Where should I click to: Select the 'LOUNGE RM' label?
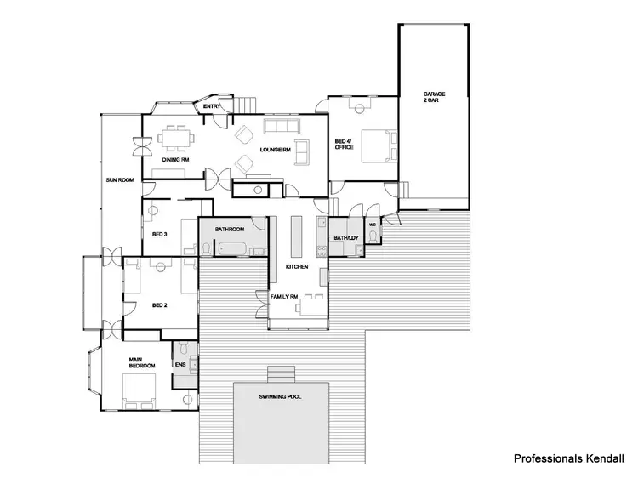pos(276,150)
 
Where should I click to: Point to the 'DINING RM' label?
pos(175,159)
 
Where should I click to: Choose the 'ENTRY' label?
pos(213,106)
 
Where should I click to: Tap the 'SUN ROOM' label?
pos(119,180)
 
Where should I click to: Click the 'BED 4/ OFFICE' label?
pos(343,145)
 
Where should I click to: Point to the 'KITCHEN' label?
pos(296,267)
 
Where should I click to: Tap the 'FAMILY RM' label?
pos(283,296)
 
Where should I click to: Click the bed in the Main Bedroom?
pos(140,390)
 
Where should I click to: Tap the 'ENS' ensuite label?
pos(179,365)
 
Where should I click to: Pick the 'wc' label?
pos(373,225)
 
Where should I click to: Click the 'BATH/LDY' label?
pos(345,237)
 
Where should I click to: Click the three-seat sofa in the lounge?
pos(282,128)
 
